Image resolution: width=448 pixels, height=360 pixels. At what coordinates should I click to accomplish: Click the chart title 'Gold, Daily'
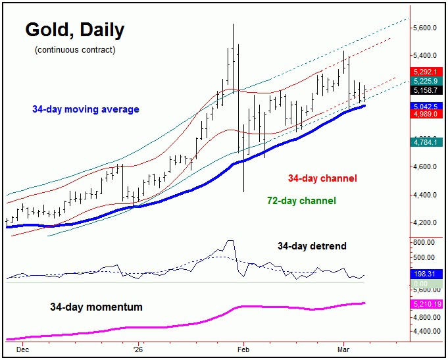coord(74,30)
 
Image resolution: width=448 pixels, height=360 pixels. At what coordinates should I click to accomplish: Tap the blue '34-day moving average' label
coord(85,109)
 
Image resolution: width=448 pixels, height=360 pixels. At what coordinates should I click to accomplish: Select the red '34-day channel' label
coord(322,178)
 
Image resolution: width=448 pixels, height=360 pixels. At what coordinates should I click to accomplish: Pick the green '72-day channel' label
coord(301,200)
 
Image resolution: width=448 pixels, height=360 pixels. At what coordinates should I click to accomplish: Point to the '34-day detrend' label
coord(311,246)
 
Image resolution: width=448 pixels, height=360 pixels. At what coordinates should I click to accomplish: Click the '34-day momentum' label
coord(95,307)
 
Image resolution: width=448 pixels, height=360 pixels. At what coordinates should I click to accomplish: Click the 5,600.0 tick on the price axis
coord(426,28)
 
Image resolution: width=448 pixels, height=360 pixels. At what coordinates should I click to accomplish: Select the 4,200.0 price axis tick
coord(426,222)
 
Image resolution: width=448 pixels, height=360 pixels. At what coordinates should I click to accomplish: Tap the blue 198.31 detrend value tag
coord(424,273)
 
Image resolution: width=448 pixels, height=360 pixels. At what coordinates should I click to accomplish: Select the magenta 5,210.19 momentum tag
coord(426,304)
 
